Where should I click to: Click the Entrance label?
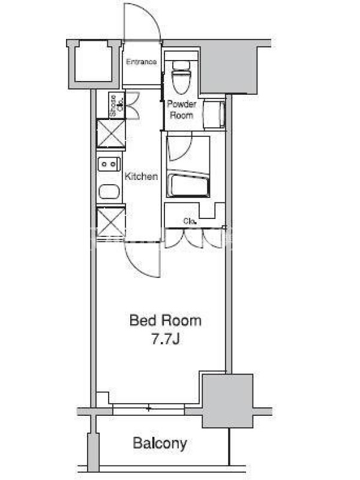141,62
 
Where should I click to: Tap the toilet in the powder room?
181,77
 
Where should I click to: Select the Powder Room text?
182,110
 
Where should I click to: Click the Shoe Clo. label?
116,106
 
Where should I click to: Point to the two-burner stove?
109,164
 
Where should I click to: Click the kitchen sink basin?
109,191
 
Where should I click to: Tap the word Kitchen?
141,176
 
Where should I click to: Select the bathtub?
188,184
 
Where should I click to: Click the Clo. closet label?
190,221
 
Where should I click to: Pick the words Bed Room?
166,320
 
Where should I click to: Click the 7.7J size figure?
166,339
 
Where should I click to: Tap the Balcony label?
160,443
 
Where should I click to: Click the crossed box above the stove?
111,134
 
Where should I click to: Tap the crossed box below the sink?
111,221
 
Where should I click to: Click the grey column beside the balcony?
227,401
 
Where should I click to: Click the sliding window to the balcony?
148,409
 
